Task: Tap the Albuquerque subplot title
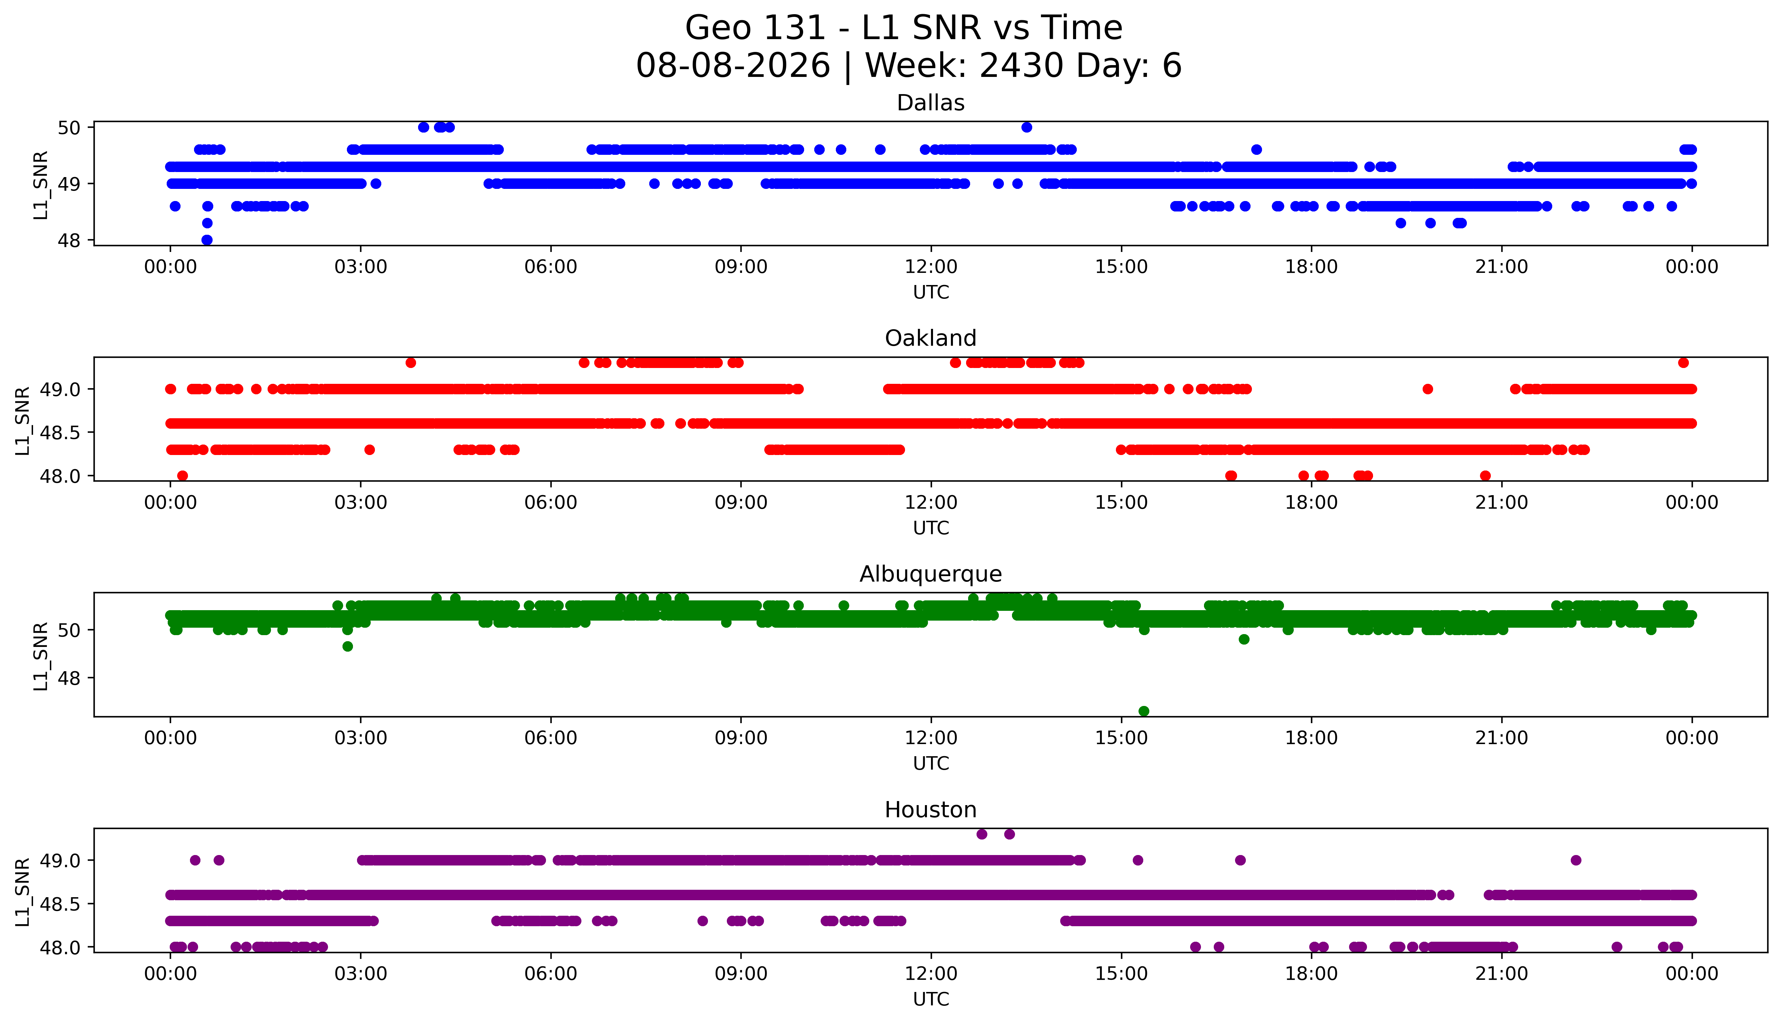(x=931, y=574)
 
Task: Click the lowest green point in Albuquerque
(x=1144, y=711)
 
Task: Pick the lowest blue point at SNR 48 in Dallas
(x=207, y=239)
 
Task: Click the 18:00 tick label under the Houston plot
(x=1312, y=974)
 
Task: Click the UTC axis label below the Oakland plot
(x=931, y=528)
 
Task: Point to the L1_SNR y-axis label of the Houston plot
(x=23, y=891)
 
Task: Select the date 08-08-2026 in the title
(x=733, y=66)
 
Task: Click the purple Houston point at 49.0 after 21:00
(x=1576, y=860)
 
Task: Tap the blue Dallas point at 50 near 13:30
(x=1027, y=127)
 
